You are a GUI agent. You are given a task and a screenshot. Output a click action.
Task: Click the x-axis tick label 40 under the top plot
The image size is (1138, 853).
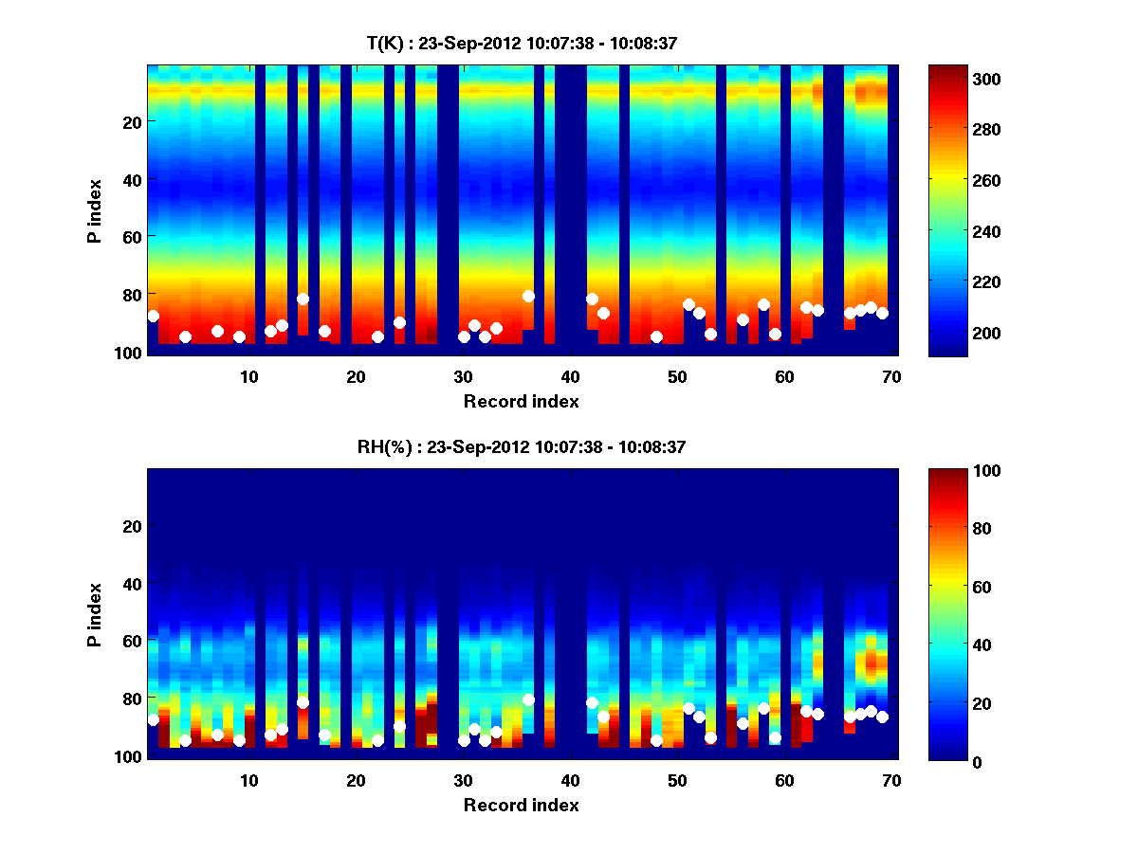click(x=570, y=377)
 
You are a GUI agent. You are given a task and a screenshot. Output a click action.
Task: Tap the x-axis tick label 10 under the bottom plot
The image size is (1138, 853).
click(x=248, y=781)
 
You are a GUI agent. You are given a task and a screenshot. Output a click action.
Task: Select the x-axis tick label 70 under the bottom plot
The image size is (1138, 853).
click(x=891, y=781)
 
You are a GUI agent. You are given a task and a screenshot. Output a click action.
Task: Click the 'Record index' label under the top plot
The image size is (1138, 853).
click(x=521, y=401)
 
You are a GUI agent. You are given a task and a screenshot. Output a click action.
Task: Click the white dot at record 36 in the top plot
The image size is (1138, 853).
click(x=528, y=296)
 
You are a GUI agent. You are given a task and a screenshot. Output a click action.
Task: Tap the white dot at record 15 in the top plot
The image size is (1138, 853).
click(x=303, y=299)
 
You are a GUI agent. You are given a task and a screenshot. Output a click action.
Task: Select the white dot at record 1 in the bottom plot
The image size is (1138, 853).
click(x=153, y=719)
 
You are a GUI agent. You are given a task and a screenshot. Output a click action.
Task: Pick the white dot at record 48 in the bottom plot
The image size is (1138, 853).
click(x=656, y=740)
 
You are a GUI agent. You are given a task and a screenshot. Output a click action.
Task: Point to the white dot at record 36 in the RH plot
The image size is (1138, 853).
click(x=528, y=699)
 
